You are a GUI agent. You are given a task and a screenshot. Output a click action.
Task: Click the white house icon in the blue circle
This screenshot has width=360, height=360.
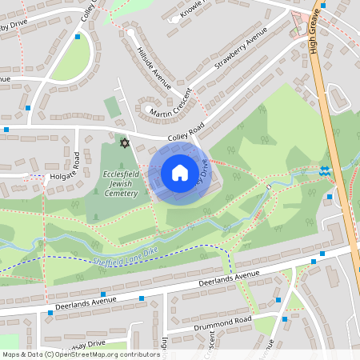point(180,172)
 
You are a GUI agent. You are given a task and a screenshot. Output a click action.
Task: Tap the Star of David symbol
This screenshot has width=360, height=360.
point(124,143)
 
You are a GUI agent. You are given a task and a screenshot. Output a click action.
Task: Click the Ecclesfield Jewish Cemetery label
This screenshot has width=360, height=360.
point(121,182)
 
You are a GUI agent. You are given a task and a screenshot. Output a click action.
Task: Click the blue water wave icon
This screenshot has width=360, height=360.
point(325,170)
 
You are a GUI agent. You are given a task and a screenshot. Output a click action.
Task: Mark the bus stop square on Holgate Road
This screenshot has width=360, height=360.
point(87,154)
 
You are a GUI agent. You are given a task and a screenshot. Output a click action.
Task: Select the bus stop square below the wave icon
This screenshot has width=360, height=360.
point(329,196)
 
